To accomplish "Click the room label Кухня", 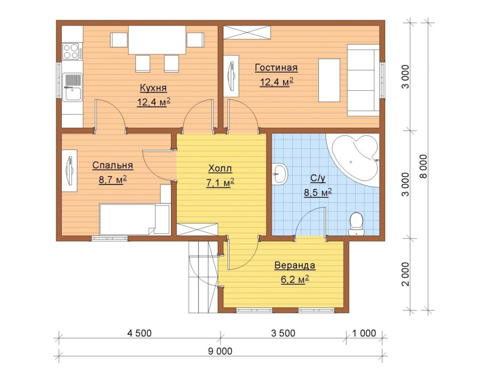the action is [153, 88].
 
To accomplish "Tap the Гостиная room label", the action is [276, 68].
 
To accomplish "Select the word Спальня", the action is [113, 165].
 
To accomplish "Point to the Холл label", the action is [220, 169].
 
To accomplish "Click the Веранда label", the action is [295, 265].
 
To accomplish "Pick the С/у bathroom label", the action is [318, 178].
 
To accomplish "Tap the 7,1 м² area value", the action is [220, 183].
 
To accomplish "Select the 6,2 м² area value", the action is [295, 279].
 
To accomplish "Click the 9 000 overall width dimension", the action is [220, 351].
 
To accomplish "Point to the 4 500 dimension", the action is [139, 333].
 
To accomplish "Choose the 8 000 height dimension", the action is [423, 167].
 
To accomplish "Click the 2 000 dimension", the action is [405, 274].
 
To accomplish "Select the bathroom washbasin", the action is [280, 174].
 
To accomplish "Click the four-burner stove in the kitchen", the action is [72, 51].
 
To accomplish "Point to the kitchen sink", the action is [72, 87].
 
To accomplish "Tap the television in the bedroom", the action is [70, 171].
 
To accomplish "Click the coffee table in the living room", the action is [329, 80].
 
